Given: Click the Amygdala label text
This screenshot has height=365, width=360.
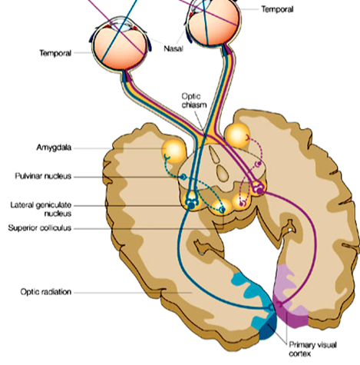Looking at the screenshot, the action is point(54,148).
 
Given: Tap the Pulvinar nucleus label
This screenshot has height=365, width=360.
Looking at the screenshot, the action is point(43,176).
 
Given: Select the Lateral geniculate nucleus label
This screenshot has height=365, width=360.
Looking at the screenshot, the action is point(41,209).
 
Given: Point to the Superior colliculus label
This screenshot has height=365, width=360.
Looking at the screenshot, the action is point(40,227).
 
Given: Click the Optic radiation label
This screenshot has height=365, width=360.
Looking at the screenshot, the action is point(46,292).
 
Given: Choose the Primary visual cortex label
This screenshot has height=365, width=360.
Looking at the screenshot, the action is point(312,350).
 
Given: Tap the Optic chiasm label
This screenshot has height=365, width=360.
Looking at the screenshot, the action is point(194,101).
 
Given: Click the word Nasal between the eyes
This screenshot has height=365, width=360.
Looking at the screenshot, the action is point(173,48).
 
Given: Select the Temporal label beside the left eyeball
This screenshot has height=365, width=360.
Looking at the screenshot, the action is point(55,53).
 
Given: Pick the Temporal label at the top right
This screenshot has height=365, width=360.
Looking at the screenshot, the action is point(277,9).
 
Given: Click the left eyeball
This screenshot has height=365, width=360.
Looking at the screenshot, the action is point(120,45).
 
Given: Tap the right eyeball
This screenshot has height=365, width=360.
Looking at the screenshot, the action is point(214,22).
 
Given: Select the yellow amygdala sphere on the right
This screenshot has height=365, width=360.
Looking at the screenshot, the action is point(237,135).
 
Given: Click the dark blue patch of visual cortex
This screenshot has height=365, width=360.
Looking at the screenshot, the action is point(269,327).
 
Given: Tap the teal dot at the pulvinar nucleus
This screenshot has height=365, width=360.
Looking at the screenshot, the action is point(183,177).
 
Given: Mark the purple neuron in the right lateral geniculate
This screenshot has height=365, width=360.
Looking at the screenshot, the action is point(260,191).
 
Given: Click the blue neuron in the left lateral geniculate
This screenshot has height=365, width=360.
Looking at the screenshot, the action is point(191,205).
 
